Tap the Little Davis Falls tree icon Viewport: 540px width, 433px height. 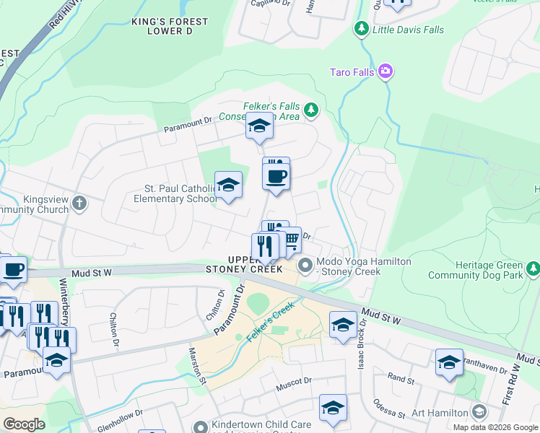point(361,30)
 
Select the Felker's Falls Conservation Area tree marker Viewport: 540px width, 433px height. point(310,110)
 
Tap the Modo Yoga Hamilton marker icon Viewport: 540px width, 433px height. point(306,266)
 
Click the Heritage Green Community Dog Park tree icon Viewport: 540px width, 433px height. point(533,268)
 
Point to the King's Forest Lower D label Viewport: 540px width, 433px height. point(170,27)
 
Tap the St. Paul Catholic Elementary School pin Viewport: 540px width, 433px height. point(228,187)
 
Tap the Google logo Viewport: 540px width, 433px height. point(24,424)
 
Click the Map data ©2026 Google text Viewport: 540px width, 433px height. point(495,427)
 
